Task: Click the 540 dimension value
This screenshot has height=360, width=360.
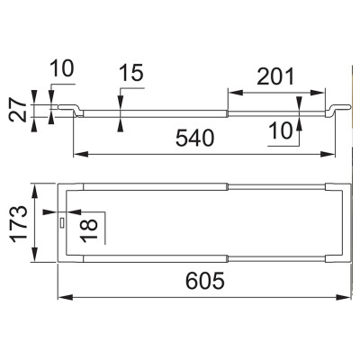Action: pyautogui.click(x=195, y=139)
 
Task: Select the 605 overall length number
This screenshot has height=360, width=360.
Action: pyautogui.click(x=205, y=281)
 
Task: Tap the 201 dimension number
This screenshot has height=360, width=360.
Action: pyautogui.click(x=275, y=76)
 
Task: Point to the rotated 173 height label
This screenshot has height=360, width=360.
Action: pyautogui.click(x=19, y=223)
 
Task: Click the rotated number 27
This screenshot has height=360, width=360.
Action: pyautogui.click(x=17, y=111)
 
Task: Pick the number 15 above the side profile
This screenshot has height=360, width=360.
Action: pyautogui.click(x=131, y=73)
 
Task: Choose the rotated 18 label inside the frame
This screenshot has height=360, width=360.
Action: pyautogui.click(x=89, y=229)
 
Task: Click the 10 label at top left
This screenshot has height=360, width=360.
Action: pyautogui.click(x=61, y=68)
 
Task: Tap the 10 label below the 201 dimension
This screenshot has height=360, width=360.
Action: pyautogui.click(x=280, y=131)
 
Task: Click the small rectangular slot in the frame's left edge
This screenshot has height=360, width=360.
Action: pyautogui.click(x=62, y=223)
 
